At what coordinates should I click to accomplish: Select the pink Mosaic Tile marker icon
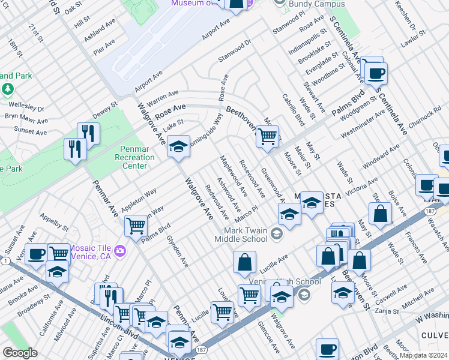[x=121, y=250]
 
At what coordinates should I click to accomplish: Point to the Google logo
[x=20, y=353]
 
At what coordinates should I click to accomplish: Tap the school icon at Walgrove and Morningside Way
[x=178, y=146]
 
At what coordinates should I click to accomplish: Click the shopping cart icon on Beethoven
[x=267, y=136]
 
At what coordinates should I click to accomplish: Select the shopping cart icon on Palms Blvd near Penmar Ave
[x=136, y=226]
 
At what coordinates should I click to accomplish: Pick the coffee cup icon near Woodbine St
[x=376, y=73]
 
